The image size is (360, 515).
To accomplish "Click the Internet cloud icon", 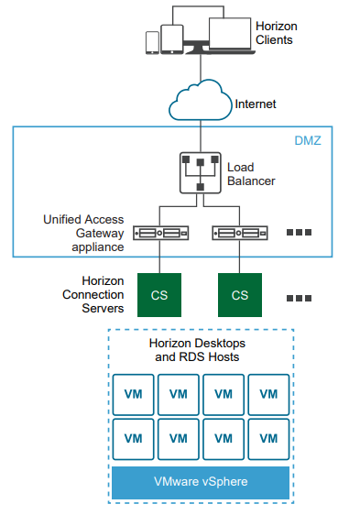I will click(x=201, y=99).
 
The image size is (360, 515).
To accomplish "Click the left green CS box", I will click(x=159, y=295).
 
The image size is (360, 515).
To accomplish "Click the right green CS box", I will click(x=239, y=295).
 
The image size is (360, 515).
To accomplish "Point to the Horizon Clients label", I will click(x=276, y=34).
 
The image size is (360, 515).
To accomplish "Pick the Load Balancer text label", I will click(x=250, y=174).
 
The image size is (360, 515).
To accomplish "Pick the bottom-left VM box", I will click(x=133, y=438).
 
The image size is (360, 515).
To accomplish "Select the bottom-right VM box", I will click(x=267, y=438).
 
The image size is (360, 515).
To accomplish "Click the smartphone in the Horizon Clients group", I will click(x=152, y=43).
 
